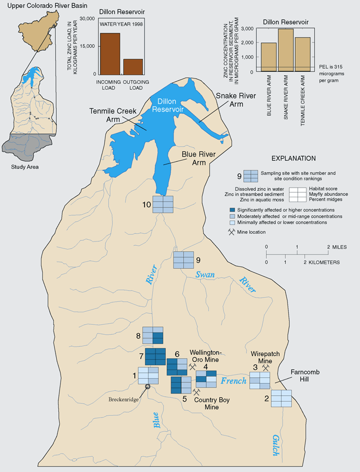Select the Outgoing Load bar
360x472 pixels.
coord(133,66)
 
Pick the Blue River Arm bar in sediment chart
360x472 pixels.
coord(268,57)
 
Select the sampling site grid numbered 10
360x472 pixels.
coord(163,204)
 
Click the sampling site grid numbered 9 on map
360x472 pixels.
coord(184,260)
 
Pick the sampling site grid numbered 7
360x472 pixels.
coord(155,356)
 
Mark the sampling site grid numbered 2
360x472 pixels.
coord(281,398)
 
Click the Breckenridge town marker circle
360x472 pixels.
coord(147,387)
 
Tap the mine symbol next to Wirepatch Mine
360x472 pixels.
coord(266,367)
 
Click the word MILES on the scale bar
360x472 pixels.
coord(340,247)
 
